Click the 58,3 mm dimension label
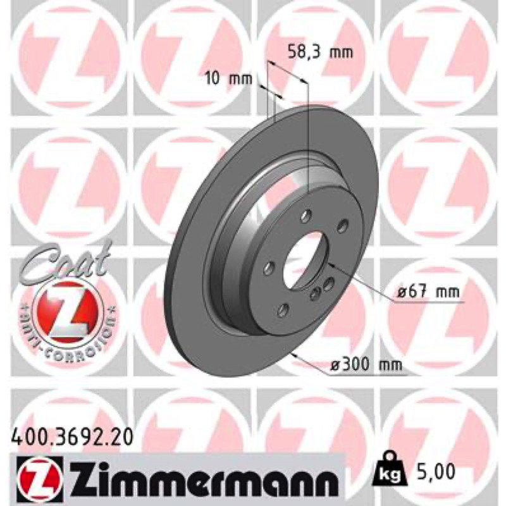(x=320, y=52)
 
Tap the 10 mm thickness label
(x=228, y=78)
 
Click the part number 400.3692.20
(x=72, y=438)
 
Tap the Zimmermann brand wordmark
(x=202, y=477)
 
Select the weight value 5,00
(x=432, y=472)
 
